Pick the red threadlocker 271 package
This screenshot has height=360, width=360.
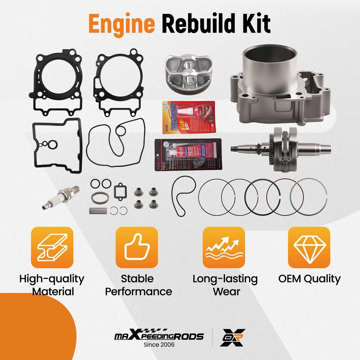click(189, 117)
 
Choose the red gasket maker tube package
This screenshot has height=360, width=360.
click(188, 155)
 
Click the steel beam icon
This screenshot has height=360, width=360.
click(52, 247)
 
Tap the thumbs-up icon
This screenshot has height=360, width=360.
click(136, 247)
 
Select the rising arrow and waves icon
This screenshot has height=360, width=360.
click(223, 247)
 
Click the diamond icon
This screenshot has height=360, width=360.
click(309, 247)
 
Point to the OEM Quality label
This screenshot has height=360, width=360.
click(309, 279)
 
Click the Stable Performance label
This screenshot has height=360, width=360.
click(138, 285)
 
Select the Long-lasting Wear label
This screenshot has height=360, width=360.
click(225, 285)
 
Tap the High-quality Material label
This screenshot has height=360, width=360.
click(52, 285)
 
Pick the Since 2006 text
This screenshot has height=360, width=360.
click(159, 345)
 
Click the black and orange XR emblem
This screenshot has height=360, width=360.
click(233, 337)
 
